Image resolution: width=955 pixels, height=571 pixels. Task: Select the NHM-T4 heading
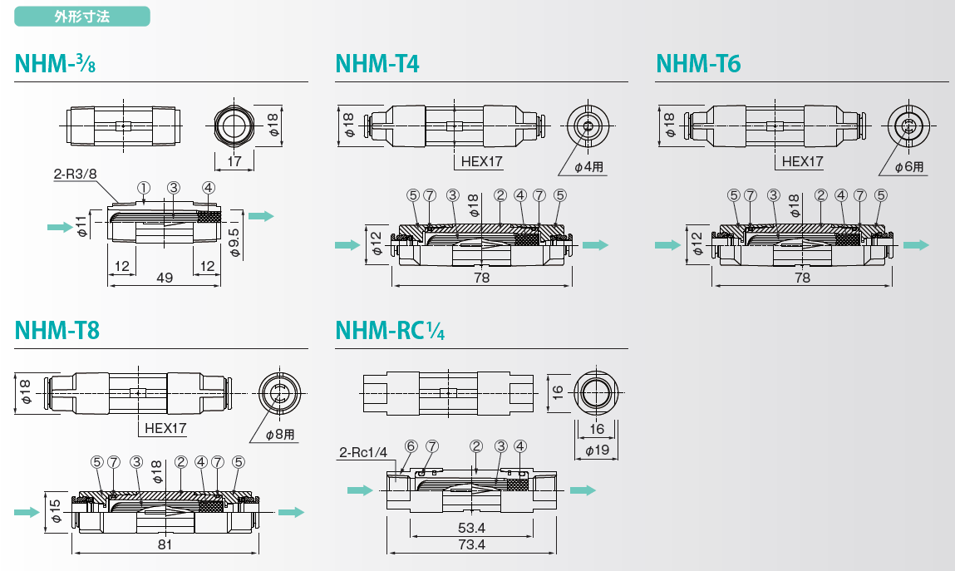pos(377,63)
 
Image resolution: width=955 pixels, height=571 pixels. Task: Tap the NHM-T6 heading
pos(698,63)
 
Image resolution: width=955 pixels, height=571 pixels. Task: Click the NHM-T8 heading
pos(57,330)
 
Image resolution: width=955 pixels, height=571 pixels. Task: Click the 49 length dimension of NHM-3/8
pos(165,278)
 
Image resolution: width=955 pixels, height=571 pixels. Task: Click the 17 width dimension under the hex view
pos(234,161)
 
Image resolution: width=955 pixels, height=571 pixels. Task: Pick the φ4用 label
pos(590,167)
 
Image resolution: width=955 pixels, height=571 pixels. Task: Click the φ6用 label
pos(909,167)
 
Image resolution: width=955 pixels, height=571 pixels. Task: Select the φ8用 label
pos(280,434)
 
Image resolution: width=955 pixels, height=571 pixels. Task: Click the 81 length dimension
pos(165,544)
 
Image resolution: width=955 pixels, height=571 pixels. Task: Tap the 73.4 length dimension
pos(471,544)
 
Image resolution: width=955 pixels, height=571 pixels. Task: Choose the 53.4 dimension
pos(471,528)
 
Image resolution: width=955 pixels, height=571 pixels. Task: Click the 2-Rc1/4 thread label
pos(363,452)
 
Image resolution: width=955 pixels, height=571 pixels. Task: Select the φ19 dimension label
pos(597,450)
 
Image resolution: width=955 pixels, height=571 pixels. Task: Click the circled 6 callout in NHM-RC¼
pos(409,445)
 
